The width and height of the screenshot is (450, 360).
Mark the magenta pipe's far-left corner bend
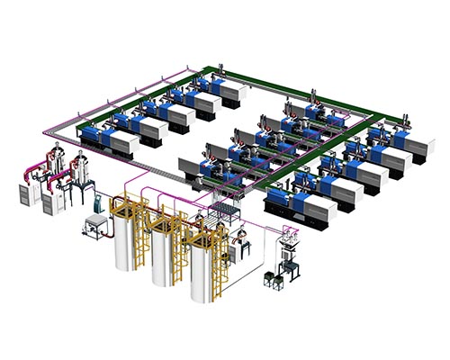pyautogui.click(x=38, y=135)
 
